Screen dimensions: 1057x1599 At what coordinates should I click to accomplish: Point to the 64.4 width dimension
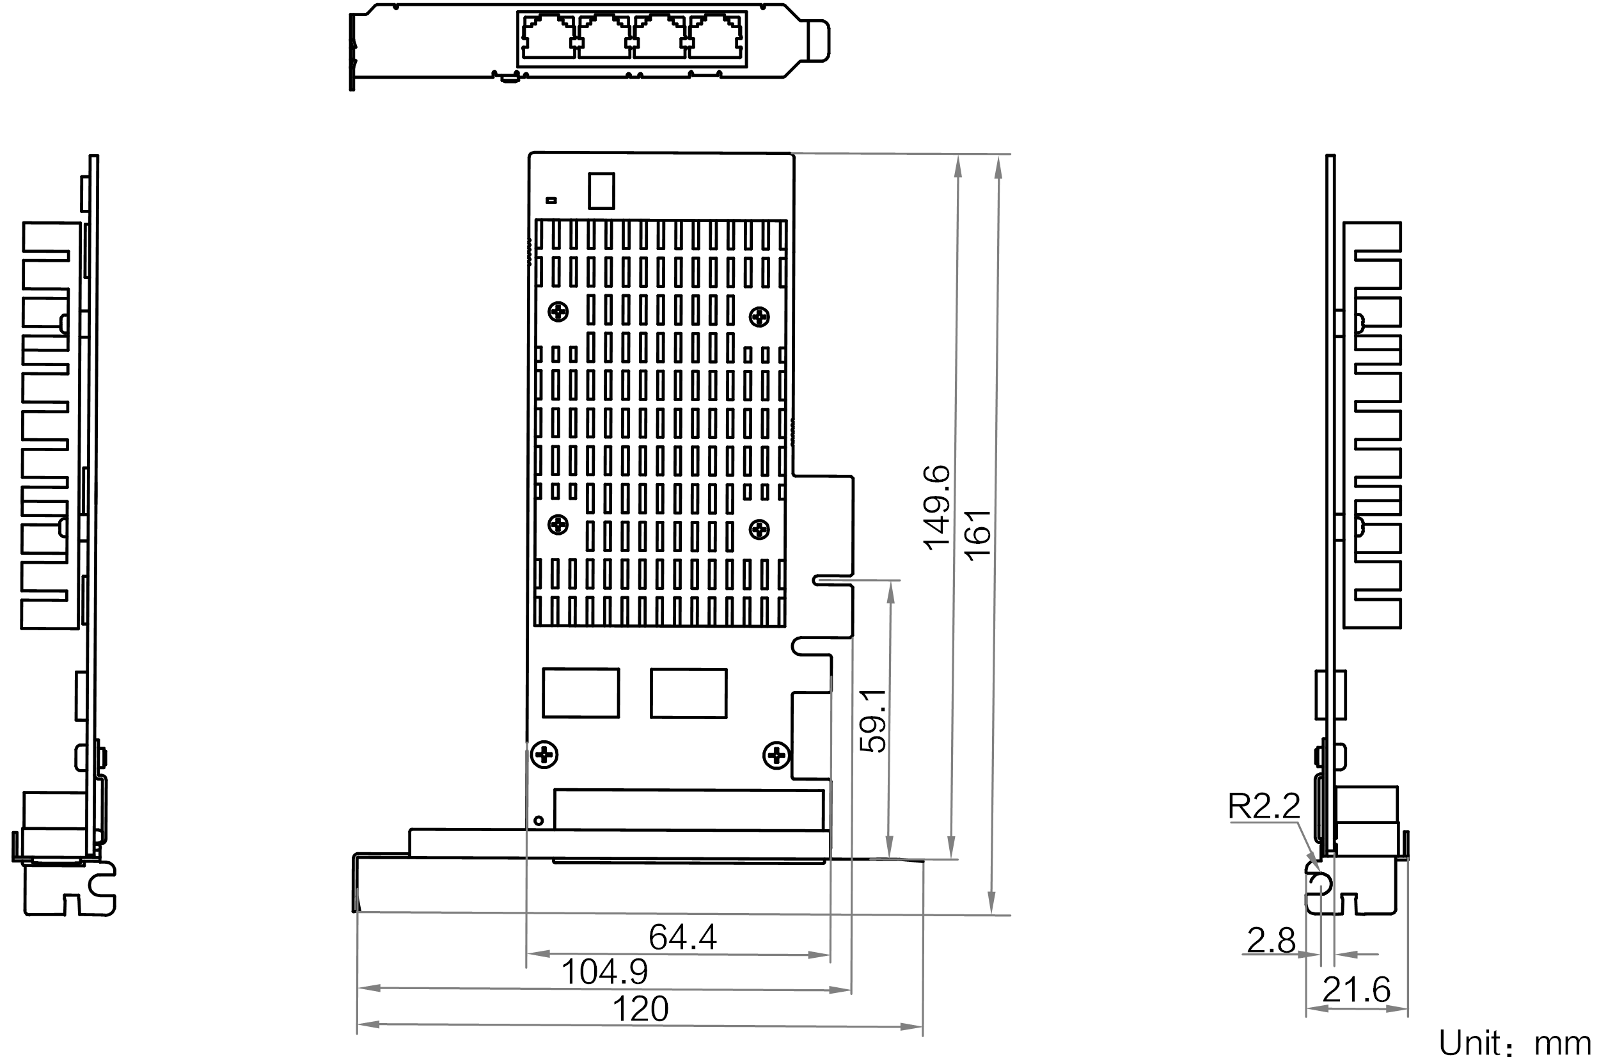[682, 937]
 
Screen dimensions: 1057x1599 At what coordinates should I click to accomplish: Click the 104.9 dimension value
[604, 972]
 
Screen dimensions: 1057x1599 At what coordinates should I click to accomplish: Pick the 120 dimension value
[641, 1010]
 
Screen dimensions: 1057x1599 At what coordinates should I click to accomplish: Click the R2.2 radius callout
[1264, 806]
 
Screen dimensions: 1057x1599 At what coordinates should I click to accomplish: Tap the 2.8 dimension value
[1271, 941]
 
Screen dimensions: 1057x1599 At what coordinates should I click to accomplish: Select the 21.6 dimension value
[1357, 990]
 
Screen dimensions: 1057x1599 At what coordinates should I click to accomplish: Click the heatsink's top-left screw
[558, 312]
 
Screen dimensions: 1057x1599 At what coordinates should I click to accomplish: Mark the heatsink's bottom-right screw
[759, 528]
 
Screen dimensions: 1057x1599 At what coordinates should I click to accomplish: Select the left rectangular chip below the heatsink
[581, 693]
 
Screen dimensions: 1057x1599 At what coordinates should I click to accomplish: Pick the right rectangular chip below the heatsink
[688, 693]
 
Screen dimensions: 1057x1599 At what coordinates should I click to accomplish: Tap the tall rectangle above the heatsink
[602, 191]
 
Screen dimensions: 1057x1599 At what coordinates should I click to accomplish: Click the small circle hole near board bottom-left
[538, 820]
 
